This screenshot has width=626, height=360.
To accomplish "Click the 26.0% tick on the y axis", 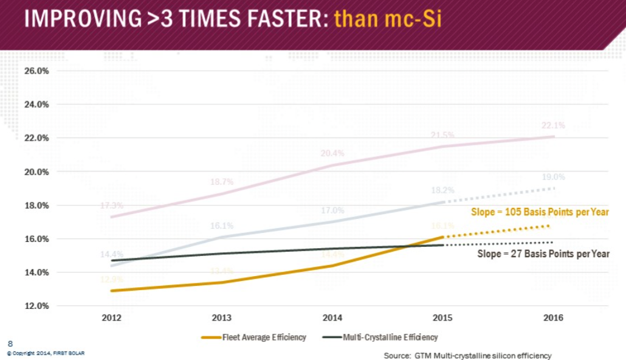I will tap(37, 71).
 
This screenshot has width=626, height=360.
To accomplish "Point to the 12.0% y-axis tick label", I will tap(37, 306).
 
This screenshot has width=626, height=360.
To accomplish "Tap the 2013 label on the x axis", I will tap(222, 318).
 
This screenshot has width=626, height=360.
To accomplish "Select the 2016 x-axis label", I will tap(554, 318).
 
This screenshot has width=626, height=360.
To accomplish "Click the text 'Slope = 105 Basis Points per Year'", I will tap(540, 212).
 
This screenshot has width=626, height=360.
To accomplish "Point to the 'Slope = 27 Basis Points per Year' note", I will tap(542, 254).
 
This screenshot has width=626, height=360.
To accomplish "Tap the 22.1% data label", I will tap(554, 126).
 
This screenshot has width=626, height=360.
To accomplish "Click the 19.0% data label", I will tap(554, 178).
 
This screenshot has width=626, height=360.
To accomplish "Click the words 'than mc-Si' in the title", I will tap(388, 19).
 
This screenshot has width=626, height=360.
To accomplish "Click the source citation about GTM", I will tap(467, 355).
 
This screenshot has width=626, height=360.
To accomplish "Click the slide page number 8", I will tap(10, 344).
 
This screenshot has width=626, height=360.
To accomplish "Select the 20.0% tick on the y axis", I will tap(37, 171).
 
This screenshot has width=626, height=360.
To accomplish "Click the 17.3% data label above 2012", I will tap(112, 206).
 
